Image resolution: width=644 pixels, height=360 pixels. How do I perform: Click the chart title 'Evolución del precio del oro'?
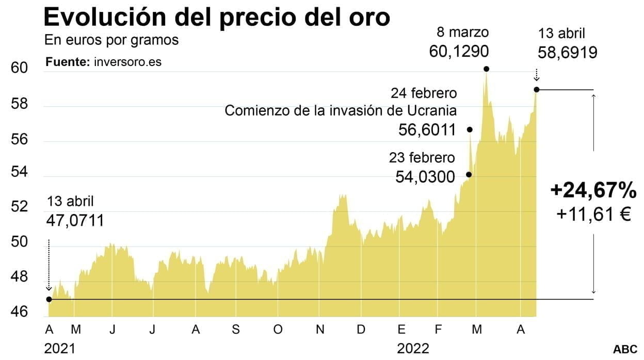coord(217,17)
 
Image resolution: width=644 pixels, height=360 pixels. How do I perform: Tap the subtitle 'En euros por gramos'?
coord(111,40)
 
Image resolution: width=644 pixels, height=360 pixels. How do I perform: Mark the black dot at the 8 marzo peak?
coord(486,69)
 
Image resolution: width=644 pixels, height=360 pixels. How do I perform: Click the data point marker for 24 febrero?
coord(470,129)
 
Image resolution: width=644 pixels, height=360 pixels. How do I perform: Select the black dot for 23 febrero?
coord(469,174)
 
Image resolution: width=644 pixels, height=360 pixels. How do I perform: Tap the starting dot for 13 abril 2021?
coord(49,299)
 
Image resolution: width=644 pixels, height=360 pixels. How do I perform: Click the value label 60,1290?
coord(459,52)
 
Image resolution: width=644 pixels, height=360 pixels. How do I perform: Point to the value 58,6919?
coord(567,52)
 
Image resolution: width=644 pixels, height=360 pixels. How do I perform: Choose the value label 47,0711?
coord(75,221)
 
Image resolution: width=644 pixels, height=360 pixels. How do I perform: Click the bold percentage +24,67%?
coord(593,191)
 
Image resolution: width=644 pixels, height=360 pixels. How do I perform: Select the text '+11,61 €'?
coord(593,214)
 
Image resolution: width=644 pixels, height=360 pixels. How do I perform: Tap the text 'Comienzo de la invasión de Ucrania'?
coord(341,110)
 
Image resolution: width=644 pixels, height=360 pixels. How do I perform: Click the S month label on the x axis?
coord(235,330)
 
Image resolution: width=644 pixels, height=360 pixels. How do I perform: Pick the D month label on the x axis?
coord(361,330)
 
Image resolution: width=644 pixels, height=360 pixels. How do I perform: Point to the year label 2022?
coord(413,349)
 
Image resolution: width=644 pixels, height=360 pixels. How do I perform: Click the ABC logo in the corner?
coord(625,349)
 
